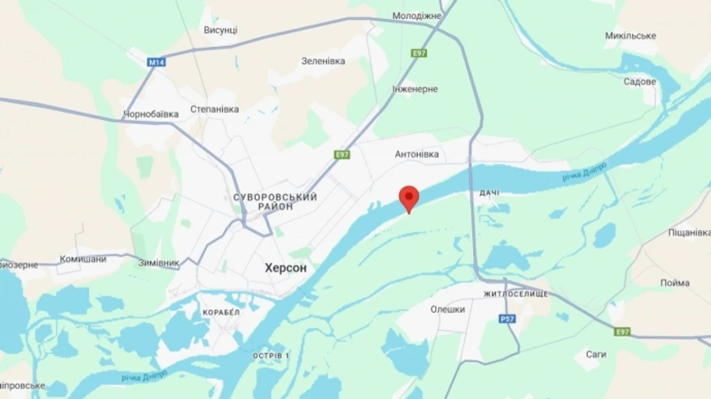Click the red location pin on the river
[408, 198]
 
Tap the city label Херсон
[285, 269]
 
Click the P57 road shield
[506, 318]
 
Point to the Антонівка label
[416, 154]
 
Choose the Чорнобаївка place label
[151, 114]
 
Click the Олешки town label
[447, 310]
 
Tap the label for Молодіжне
[417, 16]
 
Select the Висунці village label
[220, 30]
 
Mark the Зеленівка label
[323, 61]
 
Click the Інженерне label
[415, 88]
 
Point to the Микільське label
[630, 36]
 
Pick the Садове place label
[639, 81]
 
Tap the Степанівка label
[214, 109]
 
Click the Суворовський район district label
[276, 201]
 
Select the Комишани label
[83, 259]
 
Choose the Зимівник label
[158, 263]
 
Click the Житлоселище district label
[515, 294]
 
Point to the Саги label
[596, 355]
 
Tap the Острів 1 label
[270, 356]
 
